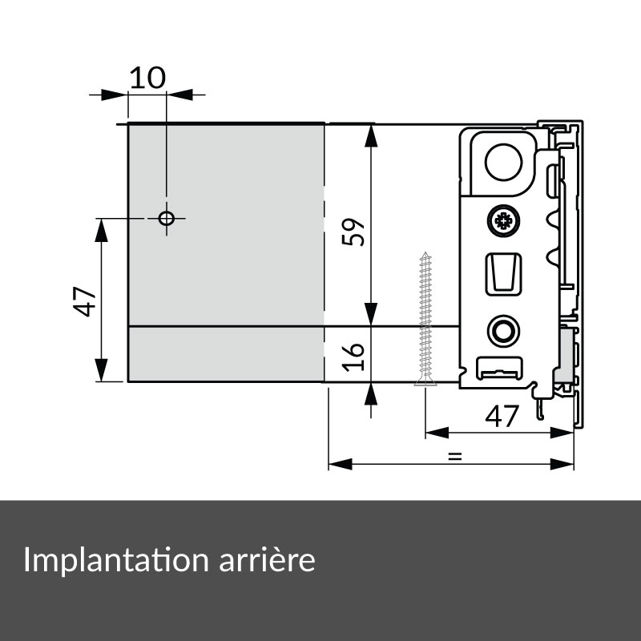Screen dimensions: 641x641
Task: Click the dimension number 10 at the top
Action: (147, 78)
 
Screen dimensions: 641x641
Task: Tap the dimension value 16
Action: (357, 353)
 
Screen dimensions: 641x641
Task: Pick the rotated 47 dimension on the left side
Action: (86, 301)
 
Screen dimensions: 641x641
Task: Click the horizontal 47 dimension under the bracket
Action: (502, 415)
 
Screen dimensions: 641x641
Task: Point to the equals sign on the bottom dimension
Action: (454, 458)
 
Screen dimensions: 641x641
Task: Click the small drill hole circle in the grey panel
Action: (167, 218)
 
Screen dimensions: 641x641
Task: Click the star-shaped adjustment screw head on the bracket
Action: (502, 221)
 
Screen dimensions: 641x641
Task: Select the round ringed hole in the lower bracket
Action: (503, 330)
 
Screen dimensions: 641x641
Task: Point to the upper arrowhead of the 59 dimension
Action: (371, 135)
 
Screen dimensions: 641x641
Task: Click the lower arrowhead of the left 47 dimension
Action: (102, 372)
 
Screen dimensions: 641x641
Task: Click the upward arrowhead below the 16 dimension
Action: (371, 393)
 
